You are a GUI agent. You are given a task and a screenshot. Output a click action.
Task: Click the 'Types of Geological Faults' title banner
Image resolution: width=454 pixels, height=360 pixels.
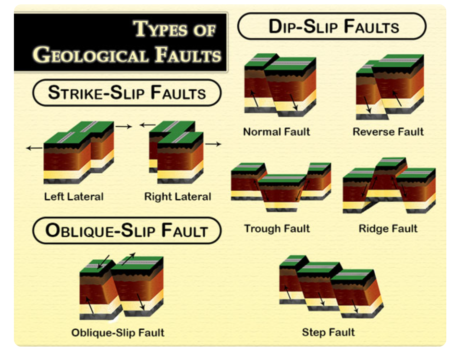[121, 42]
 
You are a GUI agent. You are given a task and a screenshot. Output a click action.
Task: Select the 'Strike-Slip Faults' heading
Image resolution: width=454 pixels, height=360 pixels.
[127, 93]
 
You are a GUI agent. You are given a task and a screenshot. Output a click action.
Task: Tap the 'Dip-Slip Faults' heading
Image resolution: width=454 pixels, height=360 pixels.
[332, 26]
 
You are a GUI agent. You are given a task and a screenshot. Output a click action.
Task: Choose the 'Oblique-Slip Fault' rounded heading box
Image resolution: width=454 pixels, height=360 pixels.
[127, 230]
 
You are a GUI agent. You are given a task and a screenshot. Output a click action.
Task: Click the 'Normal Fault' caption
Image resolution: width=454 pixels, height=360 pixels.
[277, 132]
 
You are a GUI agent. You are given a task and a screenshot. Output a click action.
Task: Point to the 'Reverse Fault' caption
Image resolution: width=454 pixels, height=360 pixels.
[388, 132]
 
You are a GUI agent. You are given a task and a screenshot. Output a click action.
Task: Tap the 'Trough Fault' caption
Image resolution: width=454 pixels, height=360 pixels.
[277, 228]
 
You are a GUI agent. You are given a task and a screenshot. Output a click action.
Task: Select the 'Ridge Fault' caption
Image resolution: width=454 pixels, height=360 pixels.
[388, 228]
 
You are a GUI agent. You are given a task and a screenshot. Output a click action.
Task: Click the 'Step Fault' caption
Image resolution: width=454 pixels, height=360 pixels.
[329, 332]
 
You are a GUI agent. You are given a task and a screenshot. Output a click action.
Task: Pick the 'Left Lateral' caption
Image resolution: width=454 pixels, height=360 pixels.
[74, 196]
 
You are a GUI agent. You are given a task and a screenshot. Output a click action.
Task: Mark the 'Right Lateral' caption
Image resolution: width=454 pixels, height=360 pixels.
[178, 196]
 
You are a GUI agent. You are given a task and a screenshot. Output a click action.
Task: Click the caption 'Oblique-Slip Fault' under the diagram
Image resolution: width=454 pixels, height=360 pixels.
[118, 332]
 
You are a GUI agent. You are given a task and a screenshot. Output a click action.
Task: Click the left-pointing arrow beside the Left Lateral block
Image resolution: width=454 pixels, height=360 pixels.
[34, 149]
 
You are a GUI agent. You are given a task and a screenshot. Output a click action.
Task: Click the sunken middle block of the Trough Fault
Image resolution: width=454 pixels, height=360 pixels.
[281, 192]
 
